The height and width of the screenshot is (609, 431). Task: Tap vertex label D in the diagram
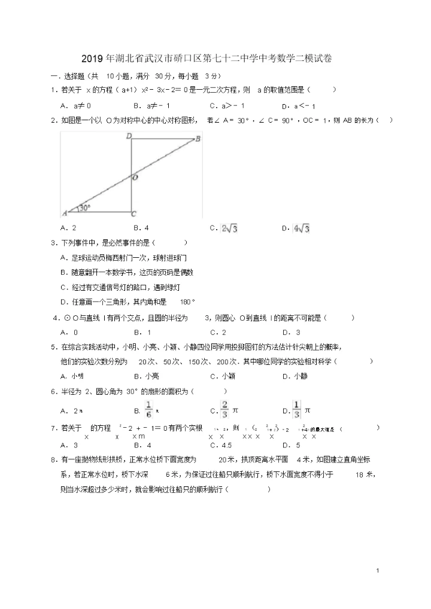tap(128, 136)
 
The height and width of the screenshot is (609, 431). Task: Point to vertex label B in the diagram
tap(198, 139)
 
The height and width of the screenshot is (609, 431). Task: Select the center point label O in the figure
tap(135, 178)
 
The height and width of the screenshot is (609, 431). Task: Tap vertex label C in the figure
tap(134, 214)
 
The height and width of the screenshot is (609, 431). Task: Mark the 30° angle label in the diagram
tap(84, 208)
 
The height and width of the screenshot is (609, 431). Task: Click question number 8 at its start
tap(54, 459)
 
